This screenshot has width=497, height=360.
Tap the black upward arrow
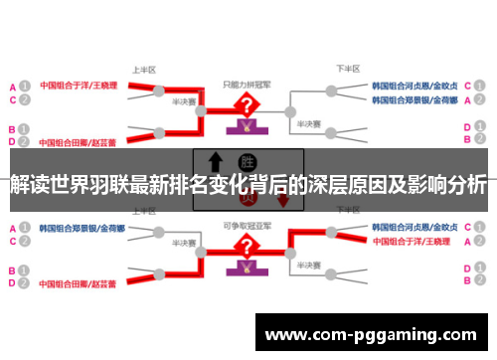click(214, 163)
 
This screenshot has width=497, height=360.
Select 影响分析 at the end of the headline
click(446, 185)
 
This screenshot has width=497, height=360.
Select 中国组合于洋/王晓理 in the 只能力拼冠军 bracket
click(79, 86)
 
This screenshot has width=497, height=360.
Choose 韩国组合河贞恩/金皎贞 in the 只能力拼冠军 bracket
click(415, 86)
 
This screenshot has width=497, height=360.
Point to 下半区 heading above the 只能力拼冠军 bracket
click(346, 70)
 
